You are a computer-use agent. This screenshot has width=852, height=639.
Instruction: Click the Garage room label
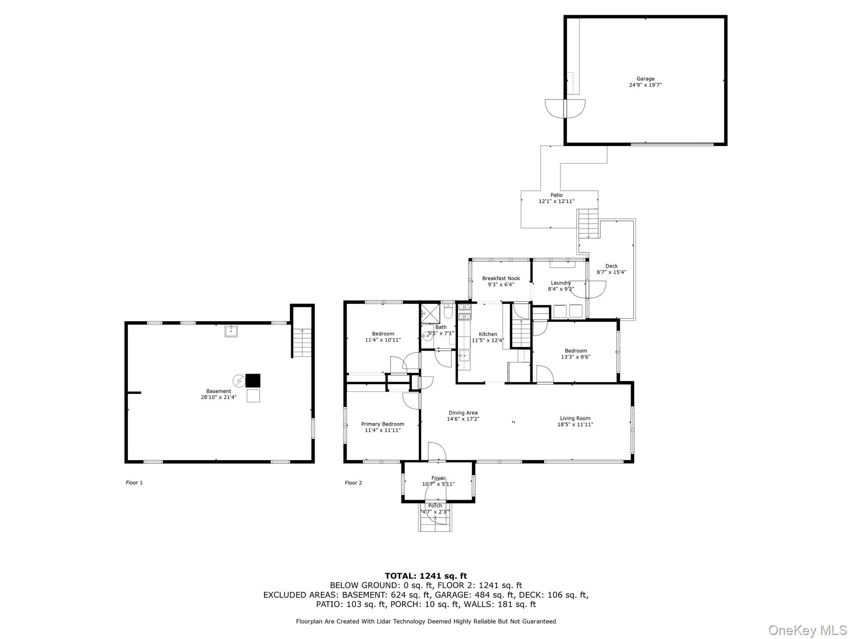pyautogui.click(x=645, y=79)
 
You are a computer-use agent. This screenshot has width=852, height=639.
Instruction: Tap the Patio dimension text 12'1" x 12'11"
pyautogui.click(x=556, y=201)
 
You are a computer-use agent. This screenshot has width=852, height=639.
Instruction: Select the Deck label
pyautogui.click(x=611, y=266)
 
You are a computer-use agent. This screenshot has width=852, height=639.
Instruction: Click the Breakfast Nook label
pyautogui.click(x=501, y=279)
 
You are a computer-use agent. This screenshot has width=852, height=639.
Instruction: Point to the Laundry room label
pyautogui.click(x=561, y=283)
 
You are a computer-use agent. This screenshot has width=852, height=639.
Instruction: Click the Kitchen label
pyautogui.click(x=488, y=335)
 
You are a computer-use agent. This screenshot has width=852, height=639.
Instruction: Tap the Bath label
pyautogui.click(x=441, y=327)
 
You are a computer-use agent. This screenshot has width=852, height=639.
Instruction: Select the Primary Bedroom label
pyautogui.click(x=383, y=424)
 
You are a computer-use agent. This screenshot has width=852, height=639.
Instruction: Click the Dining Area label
pyautogui.click(x=463, y=413)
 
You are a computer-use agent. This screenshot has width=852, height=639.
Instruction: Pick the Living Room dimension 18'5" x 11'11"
pyautogui.click(x=575, y=425)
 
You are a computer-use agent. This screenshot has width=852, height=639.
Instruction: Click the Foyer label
pyautogui.click(x=438, y=478)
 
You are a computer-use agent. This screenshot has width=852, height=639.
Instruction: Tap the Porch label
pyautogui.click(x=435, y=506)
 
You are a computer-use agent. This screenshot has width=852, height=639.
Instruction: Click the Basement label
pyautogui.click(x=218, y=391)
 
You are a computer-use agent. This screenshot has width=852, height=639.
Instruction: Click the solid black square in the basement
pyautogui.click(x=253, y=381)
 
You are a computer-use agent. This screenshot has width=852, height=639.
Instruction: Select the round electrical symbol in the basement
pyautogui.click(x=239, y=381)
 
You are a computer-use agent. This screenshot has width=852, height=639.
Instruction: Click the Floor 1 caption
pyautogui.click(x=134, y=483)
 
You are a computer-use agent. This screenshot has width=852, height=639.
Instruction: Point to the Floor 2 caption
pyautogui.click(x=354, y=483)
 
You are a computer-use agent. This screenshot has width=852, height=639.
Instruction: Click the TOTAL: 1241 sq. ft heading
pyautogui.click(x=426, y=576)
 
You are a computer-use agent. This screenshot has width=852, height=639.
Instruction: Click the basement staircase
pyautogui.click(x=302, y=342)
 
